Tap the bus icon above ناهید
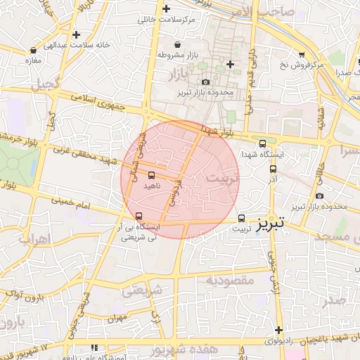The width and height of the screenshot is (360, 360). click(152, 174)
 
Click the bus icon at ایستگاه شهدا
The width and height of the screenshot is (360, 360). click(272, 168)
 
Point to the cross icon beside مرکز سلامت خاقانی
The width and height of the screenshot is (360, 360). click(166, 9)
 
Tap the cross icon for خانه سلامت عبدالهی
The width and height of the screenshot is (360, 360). click(76, 34)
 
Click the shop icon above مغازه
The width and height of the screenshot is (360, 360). click(34, 50)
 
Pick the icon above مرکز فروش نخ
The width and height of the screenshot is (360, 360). click(302, 54)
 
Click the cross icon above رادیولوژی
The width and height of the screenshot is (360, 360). click(279, 330)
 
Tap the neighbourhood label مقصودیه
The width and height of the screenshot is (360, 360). click(229, 280)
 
